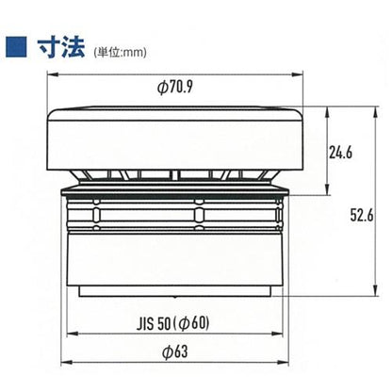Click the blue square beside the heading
[16, 47]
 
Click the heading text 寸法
[61, 47]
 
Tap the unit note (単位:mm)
[120, 52]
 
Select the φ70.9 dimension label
[174, 87]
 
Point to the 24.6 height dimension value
[341, 153]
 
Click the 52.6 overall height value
[362, 216]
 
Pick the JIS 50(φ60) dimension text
[172, 323]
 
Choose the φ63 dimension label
[175, 351]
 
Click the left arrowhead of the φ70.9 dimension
[53, 74]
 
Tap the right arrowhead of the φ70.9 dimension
[297, 74]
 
